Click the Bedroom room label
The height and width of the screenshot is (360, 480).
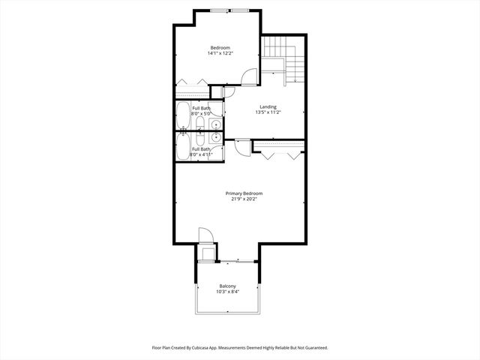tap(219, 47)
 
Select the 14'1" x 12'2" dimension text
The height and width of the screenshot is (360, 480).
tap(219, 53)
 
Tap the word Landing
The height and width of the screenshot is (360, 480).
tap(268, 106)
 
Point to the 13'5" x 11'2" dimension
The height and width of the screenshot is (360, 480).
tap(268, 113)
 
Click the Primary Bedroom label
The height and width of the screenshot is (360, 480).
tap(244, 193)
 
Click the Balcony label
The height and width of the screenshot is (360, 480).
tap(227, 286)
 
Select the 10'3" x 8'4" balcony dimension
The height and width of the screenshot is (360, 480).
tap(227, 292)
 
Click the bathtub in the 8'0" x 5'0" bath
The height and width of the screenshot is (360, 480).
tap(183, 116)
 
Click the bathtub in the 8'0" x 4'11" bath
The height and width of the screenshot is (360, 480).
tap(183, 147)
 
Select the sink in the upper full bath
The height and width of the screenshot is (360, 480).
tap(215, 124)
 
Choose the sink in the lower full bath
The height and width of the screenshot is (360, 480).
tap(215, 137)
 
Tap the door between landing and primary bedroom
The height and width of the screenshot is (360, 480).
tap(241, 148)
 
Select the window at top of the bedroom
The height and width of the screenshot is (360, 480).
tap(230, 10)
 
